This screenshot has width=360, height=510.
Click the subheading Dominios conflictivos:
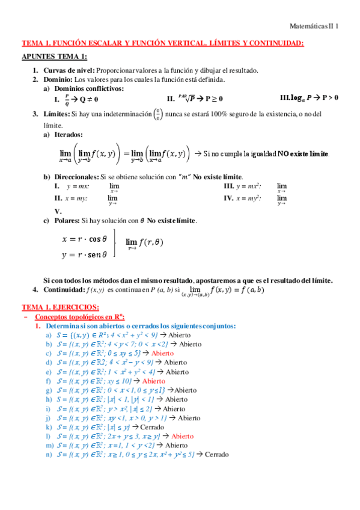tap(90, 88)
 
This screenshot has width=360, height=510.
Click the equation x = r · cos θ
tap(85, 238)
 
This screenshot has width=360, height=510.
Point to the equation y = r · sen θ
tap(85, 254)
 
